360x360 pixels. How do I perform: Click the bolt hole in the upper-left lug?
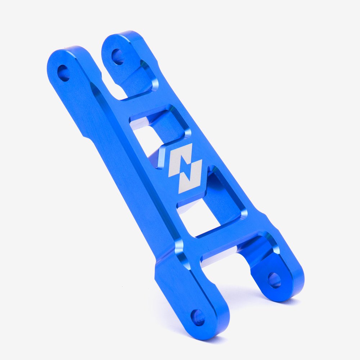[x=64, y=73]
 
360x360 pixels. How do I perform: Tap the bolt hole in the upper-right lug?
[x=118, y=57]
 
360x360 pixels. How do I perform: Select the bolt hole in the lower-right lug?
[x=275, y=280]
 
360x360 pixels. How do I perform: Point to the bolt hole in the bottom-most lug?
[x=198, y=318]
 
